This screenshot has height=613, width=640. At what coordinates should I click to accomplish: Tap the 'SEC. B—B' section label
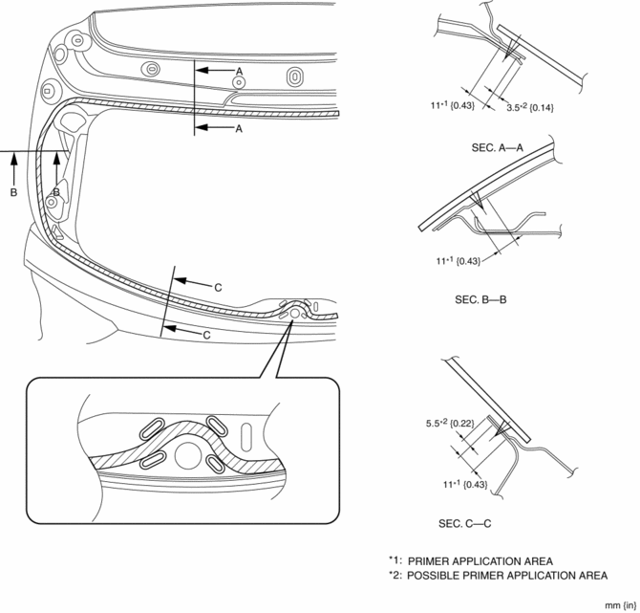[481, 299]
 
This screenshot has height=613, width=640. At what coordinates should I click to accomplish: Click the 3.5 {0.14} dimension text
[530, 106]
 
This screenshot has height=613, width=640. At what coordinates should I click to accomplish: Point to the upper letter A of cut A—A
[240, 71]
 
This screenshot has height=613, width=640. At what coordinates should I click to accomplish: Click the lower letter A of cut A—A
[240, 128]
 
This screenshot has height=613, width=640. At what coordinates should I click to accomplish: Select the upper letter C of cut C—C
[218, 287]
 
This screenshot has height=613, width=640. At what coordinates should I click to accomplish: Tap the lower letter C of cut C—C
[206, 335]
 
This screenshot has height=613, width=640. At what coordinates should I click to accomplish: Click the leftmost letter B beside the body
[13, 192]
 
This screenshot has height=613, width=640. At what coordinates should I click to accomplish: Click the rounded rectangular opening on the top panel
[294, 76]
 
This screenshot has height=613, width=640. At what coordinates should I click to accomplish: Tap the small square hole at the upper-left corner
[47, 90]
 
